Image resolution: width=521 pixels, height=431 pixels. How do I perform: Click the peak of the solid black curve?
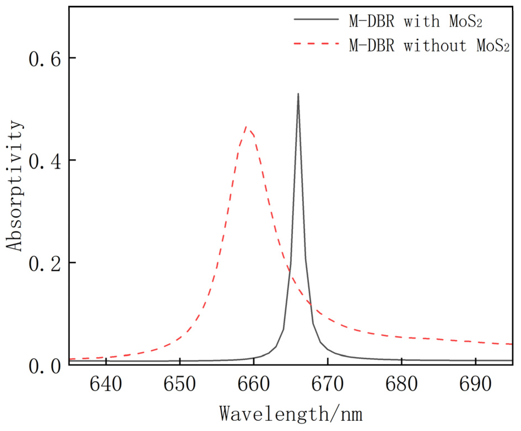pos(298,94)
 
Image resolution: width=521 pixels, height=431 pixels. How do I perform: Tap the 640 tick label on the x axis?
pos(106,384)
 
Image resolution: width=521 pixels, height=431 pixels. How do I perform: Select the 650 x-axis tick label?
pos(180,384)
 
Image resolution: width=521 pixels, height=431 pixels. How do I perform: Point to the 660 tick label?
pos(254,384)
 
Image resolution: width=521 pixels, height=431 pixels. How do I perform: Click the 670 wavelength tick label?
pos(327,384)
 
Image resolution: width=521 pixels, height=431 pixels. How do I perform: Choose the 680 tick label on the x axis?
pos(401,384)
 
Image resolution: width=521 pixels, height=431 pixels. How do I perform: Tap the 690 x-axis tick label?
pos(475,384)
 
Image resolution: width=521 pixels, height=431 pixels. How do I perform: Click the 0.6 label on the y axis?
pos(45,59)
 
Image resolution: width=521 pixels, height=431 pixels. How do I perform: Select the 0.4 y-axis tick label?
pos(45,161)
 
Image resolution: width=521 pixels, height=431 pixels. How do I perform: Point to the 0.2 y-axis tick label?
pos(45,263)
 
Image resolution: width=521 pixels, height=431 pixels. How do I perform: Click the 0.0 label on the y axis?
pos(45,366)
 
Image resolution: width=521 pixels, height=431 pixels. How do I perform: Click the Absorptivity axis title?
pos(14,186)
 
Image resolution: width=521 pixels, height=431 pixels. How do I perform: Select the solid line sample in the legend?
pos(316,19)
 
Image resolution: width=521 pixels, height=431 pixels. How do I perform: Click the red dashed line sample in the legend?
pos(316,44)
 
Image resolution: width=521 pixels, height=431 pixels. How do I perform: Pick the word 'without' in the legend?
pos(435,45)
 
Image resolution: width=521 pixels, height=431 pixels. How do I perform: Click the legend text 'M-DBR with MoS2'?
pos(415,21)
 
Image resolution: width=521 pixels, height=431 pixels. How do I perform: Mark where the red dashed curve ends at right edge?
pos(511,344)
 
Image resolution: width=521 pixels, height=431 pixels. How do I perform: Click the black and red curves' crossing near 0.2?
pos(289,271)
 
